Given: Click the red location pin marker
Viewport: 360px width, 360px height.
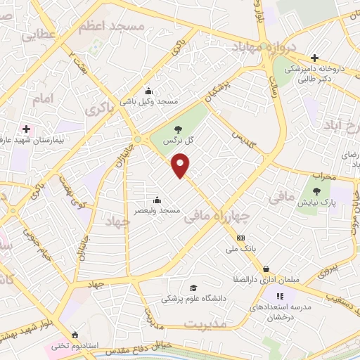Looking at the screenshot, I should [181, 165].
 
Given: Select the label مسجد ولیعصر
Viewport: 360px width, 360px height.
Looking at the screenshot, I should [160, 210].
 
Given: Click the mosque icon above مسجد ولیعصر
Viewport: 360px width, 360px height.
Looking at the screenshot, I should [157, 198].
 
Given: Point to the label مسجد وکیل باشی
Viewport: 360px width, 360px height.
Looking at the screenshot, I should [148, 102].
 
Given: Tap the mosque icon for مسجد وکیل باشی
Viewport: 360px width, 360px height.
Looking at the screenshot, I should [148, 91].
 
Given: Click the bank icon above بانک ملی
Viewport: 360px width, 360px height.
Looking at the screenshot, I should [240, 238].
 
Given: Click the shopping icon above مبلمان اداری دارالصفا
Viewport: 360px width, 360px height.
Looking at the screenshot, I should [266, 269].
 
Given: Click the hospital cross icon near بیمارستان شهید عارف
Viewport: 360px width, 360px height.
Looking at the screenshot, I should [27, 129].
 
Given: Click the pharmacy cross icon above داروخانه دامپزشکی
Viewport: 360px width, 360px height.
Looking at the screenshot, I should [314, 58].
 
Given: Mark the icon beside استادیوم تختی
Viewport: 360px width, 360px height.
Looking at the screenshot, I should [75, 335].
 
